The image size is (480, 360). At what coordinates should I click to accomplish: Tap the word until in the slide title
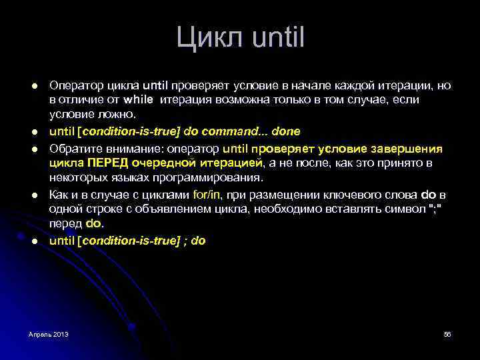coord(279,37)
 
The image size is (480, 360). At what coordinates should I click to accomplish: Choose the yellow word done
coord(287,131)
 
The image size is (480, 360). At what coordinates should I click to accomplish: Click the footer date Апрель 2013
coord(48,333)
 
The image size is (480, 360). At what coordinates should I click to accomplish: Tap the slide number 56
coord(447,333)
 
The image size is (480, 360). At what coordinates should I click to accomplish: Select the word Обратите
coord(75,149)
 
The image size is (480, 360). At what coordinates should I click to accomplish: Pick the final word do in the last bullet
coord(198,241)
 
